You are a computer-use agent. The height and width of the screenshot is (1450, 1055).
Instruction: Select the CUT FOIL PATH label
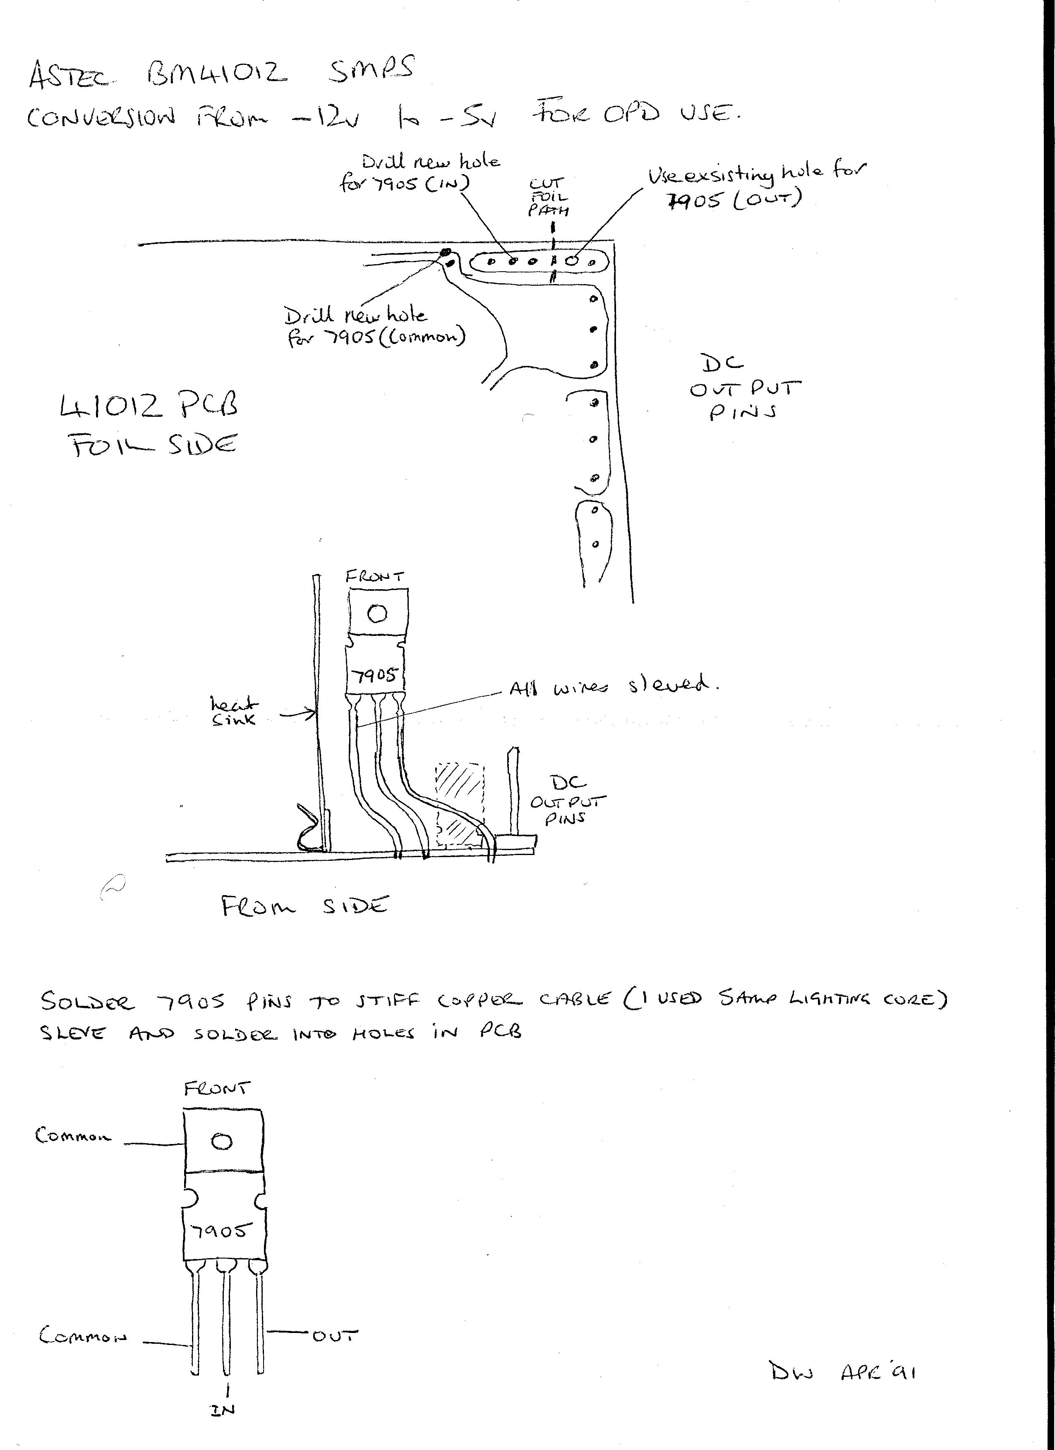point(548,197)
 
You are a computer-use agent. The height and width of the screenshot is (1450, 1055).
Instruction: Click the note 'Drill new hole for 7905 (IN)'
point(422,173)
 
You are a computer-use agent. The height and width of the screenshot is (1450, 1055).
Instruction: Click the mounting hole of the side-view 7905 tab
point(377,613)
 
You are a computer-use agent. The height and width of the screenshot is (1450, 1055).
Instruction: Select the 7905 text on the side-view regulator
point(376,675)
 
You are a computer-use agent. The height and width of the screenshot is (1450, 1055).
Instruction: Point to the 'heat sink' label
point(234,710)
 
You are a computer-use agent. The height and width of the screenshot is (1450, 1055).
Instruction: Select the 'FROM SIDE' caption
point(305,906)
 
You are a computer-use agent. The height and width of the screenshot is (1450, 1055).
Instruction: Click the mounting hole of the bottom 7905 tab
point(222,1141)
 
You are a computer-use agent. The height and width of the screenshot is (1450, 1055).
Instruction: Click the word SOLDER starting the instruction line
point(88,1001)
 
